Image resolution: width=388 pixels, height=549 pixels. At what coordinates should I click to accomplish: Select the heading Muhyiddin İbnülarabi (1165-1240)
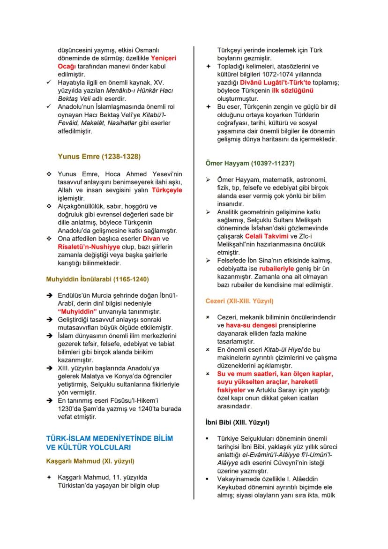[97, 279]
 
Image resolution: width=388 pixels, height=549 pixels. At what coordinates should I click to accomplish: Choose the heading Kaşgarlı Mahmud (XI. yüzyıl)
[90, 460]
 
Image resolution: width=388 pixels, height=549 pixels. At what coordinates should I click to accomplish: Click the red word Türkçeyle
[167, 190]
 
